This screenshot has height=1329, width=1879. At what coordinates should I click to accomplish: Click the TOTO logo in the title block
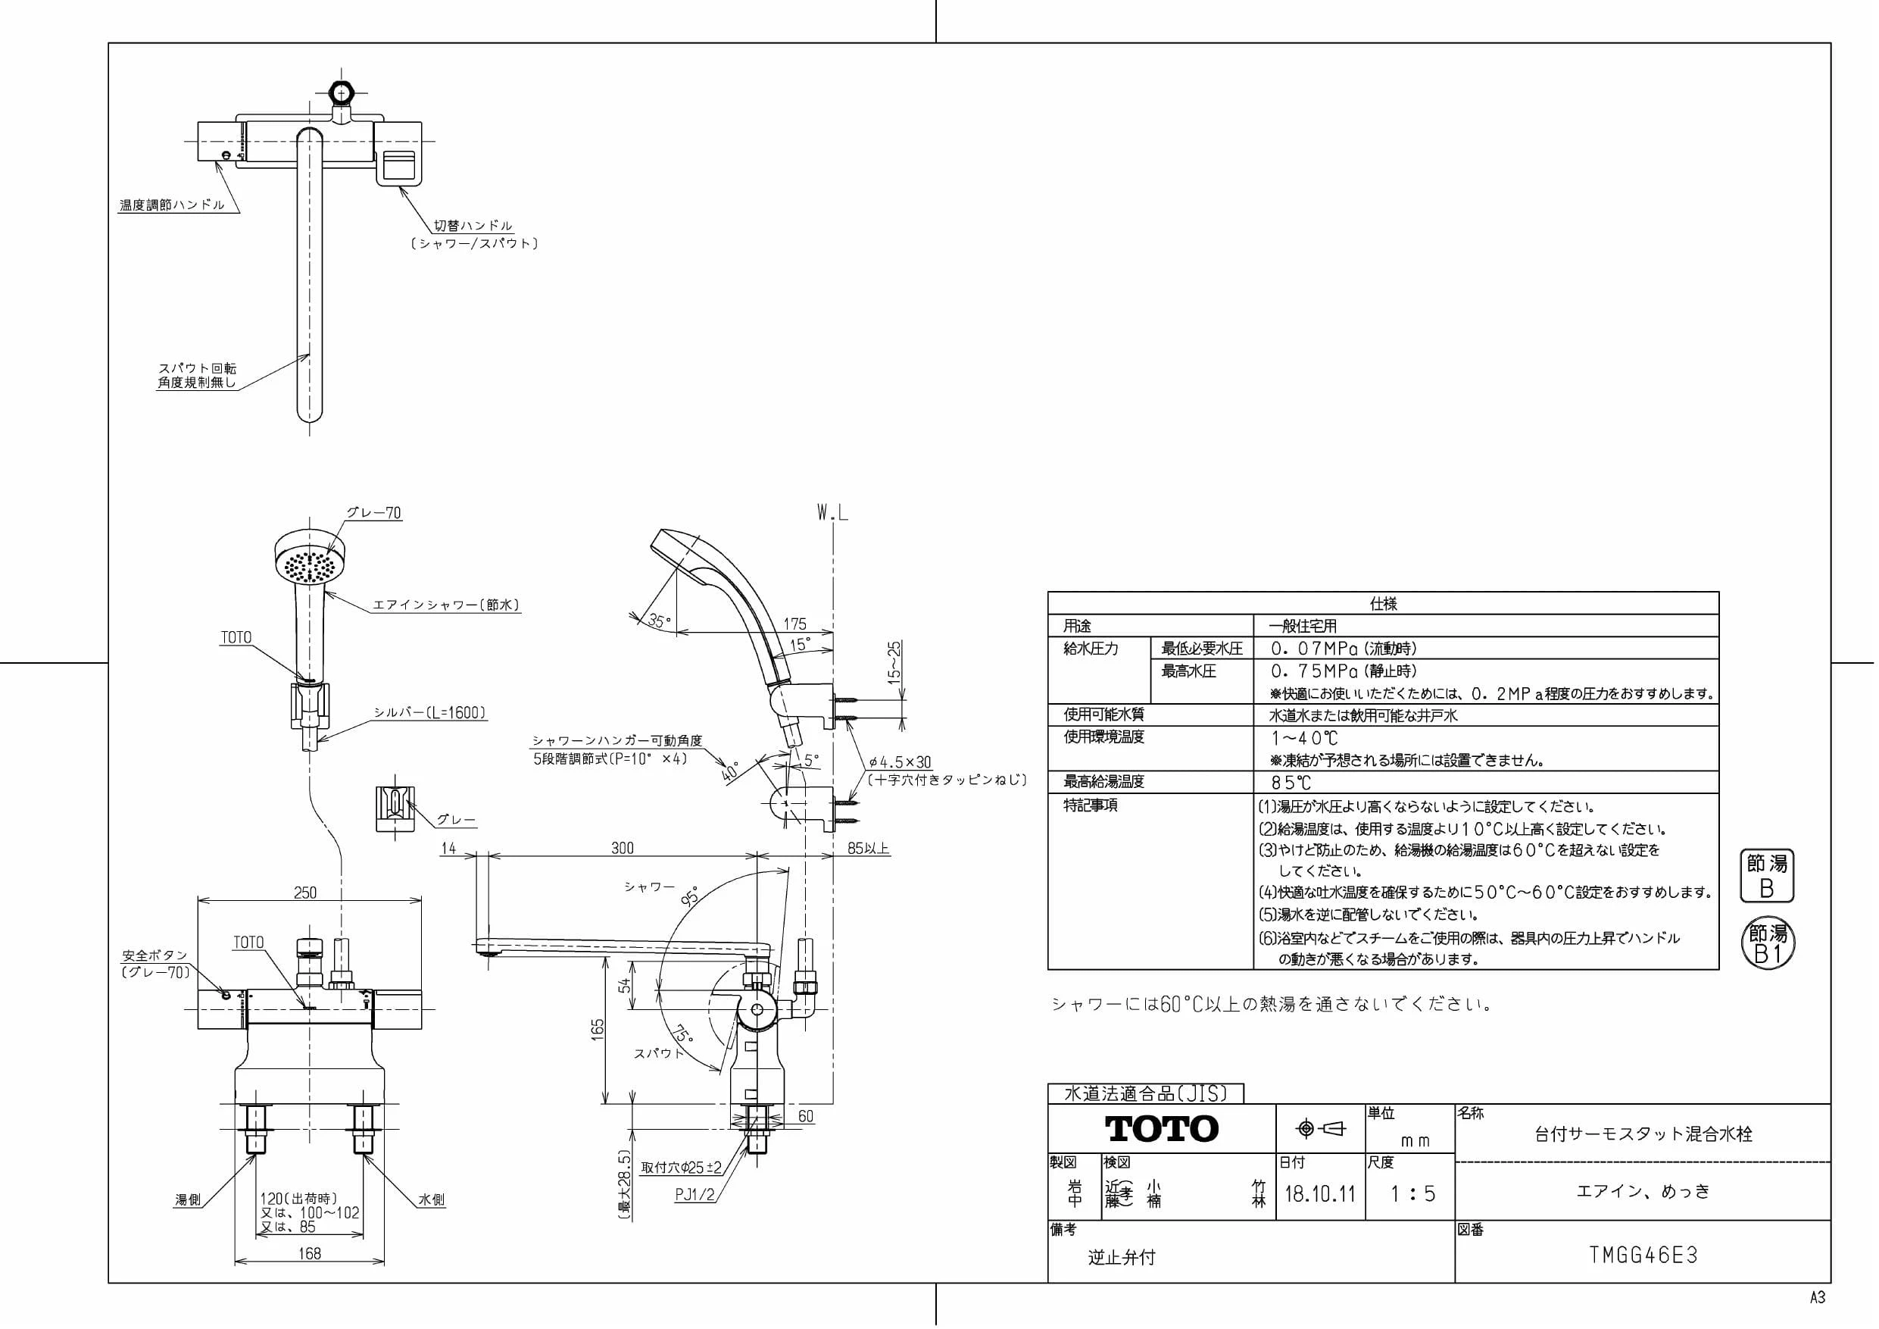click(1161, 1129)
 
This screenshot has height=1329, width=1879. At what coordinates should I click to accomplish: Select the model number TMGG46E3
click(1643, 1256)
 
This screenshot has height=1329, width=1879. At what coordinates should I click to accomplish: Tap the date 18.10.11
click(1320, 1194)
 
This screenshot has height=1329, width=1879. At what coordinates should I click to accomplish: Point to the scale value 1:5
click(1412, 1194)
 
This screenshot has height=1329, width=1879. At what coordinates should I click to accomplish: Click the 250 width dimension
click(305, 893)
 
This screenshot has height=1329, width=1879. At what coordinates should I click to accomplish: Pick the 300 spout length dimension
click(623, 849)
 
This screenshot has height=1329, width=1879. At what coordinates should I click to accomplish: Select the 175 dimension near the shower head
click(794, 624)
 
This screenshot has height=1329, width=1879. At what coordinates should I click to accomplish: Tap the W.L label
click(832, 514)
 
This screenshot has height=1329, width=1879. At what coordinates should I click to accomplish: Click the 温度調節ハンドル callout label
click(172, 205)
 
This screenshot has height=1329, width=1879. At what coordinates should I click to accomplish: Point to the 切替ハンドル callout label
click(473, 225)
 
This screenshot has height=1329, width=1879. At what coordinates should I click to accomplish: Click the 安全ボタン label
click(155, 955)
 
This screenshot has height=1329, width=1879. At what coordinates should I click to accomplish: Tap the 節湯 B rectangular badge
click(1766, 876)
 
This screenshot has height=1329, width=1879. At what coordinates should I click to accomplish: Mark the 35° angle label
click(659, 621)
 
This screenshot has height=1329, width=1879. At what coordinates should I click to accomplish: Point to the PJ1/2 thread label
click(694, 1195)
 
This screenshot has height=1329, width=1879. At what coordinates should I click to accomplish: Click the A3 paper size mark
click(1818, 1298)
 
